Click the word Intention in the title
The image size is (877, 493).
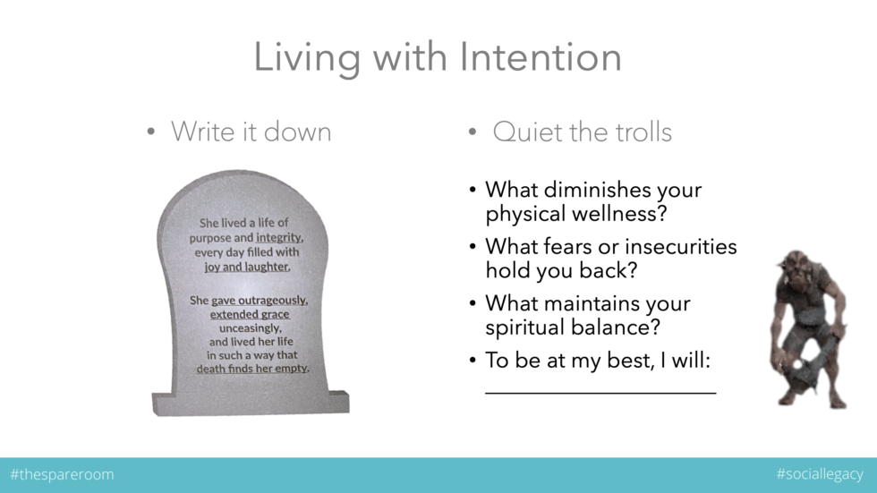click(541, 57)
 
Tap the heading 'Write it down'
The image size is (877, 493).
click(251, 132)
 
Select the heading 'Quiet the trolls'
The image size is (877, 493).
click(582, 132)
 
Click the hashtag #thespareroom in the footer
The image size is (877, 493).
click(62, 474)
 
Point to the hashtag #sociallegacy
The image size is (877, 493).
click(820, 474)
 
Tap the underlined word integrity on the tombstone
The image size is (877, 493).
click(279, 238)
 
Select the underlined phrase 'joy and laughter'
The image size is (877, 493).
click(246, 267)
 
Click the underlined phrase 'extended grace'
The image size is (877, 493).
click(250, 314)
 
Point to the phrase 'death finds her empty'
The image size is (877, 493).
click(252, 368)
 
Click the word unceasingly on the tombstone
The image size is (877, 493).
click(251, 328)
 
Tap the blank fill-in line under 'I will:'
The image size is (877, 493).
click(600, 392)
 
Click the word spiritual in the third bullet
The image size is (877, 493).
click(538, 327)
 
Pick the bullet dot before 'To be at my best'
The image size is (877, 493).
click(473, 361)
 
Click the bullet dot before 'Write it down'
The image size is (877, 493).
click(151, 133)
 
